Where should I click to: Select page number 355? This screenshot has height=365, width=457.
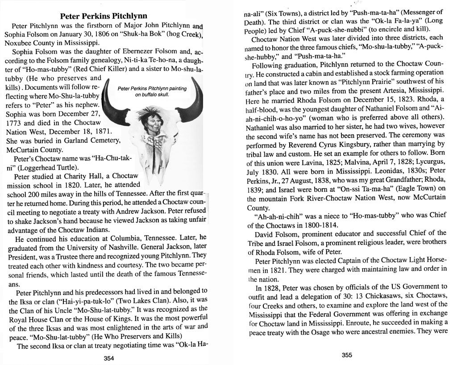coord(347,355)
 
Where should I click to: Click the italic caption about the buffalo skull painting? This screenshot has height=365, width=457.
coord(152,91)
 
